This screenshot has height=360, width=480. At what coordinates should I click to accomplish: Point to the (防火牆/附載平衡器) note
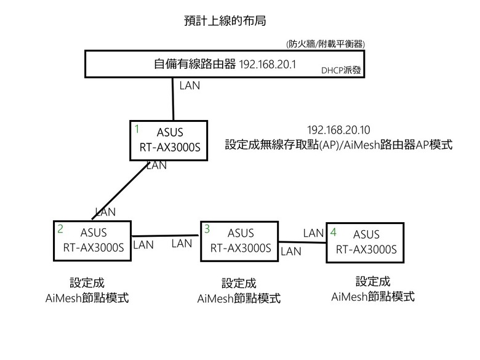[326, 44]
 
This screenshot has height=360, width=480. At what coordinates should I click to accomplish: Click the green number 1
[137, 129]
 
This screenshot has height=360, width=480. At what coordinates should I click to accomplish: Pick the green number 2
[60, 228]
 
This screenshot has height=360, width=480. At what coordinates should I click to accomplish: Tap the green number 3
[207, 229]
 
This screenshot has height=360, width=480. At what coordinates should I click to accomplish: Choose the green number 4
[334, 232]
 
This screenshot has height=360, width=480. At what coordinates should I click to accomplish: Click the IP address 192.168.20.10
[338, 130]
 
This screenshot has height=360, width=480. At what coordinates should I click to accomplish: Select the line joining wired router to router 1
[174, 98]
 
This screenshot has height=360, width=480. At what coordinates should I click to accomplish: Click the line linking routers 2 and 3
[166, 236]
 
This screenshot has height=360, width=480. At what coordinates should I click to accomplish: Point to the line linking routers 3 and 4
[302, 241]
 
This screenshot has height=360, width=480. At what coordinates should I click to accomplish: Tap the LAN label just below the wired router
[190, 86]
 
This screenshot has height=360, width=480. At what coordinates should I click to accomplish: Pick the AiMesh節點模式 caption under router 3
[239, 298]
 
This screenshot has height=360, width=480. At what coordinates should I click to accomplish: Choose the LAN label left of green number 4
[314, 233]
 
